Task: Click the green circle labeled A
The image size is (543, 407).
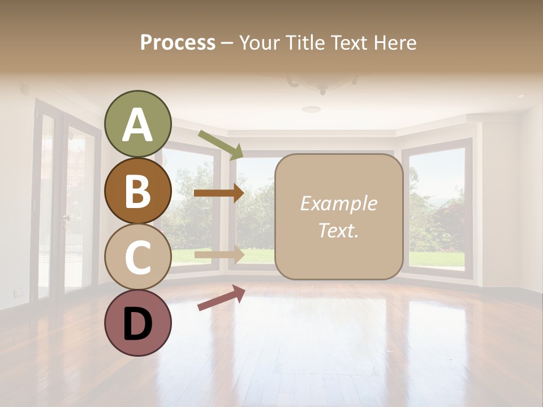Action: point(138,124)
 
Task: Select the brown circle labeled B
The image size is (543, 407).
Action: point(138,191)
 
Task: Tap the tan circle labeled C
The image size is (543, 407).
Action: point(138,257)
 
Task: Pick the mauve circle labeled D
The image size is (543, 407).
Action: point(138,323)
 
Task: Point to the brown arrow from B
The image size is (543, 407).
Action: point(218,193)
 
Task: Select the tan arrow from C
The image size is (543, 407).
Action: point(218,254)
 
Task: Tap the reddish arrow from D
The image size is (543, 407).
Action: point(221,297)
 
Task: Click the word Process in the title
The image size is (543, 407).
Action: point(178,42)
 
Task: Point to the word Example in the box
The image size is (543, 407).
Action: point(338,203)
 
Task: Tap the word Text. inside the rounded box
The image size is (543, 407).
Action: point(338,230)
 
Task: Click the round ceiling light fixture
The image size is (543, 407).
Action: point(311,109)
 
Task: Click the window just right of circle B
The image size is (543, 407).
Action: point(192,209)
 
